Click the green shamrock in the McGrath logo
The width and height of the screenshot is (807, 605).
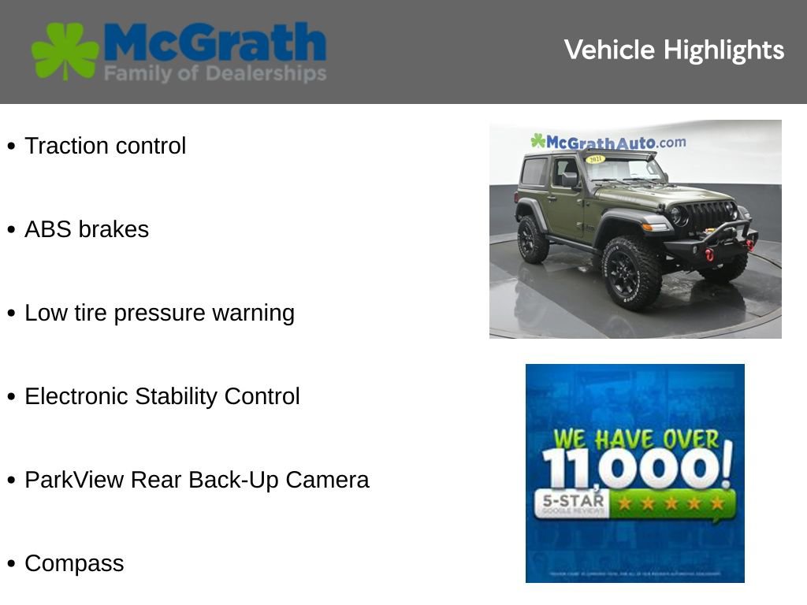[65, 51]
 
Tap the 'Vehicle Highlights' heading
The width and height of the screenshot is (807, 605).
[674, 50]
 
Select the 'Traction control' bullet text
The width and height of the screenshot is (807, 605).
[105, 146]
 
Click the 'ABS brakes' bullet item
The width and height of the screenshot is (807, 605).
[87, 229]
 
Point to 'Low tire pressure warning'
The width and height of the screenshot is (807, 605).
[159, 313]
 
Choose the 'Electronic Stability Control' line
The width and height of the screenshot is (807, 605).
[162, 396]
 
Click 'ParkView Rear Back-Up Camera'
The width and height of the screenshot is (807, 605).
[196, 480]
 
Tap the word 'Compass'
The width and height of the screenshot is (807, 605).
[74, 563]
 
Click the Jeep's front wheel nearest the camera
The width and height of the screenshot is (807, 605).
[631, 272]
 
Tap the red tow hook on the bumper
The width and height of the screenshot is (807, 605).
[709, 254]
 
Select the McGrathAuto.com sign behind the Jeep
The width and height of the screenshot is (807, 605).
[608, 143]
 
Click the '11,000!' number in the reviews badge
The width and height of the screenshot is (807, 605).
[635, 470]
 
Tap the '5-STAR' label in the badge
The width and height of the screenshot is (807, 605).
[571, 500]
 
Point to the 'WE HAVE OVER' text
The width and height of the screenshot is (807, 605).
[635, 439]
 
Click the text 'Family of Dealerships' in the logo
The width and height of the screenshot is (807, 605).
[214, 74]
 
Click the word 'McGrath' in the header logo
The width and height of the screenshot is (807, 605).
[214, 42]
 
